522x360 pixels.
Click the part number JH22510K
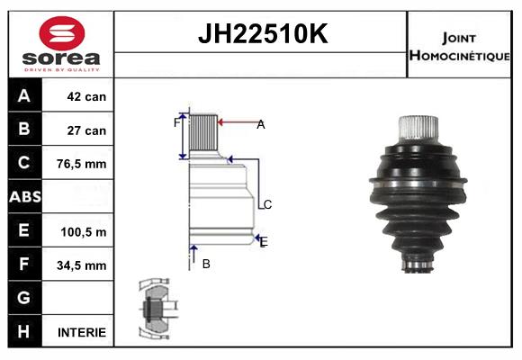(261, 34)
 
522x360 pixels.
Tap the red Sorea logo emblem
(61, 35)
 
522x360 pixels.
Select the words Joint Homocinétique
(460, 45)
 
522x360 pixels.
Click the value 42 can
(86, 96)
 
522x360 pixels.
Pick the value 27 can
(86, 130)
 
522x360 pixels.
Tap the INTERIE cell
(82, 332)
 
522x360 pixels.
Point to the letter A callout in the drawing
(261, 125)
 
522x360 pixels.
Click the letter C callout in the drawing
(267, 204)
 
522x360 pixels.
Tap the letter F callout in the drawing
(176, 122)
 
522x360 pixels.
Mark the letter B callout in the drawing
(206, 264)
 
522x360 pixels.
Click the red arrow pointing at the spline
(236, 123)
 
